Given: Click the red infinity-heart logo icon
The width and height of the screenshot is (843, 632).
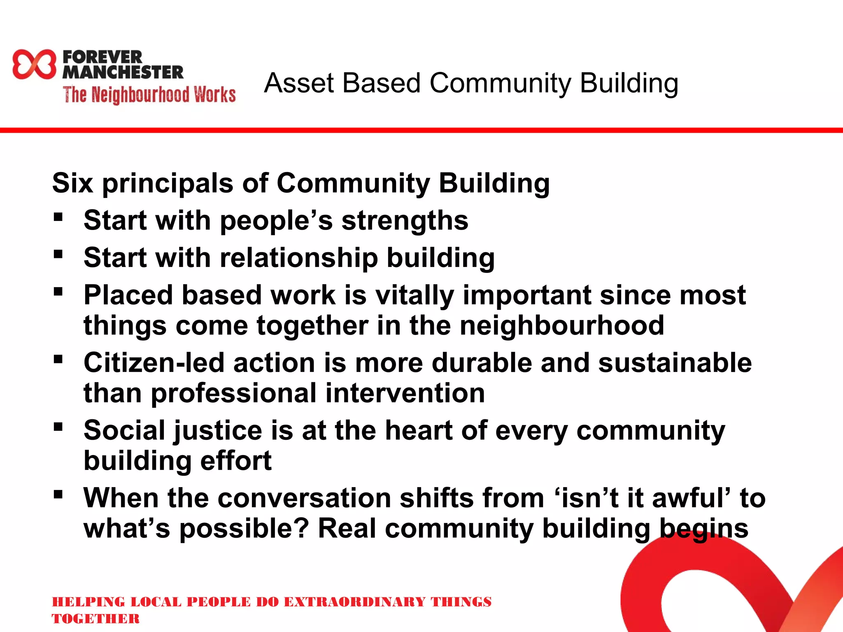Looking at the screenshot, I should [x=34, y=64].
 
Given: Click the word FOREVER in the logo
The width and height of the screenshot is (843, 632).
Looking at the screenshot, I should [x=102, y=57].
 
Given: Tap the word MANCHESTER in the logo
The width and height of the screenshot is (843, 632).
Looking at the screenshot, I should [x=123, y=72].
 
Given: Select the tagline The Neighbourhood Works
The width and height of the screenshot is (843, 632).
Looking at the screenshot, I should [x=149, y=95].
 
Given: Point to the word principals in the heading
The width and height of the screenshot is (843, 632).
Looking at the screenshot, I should [x=168, y=184].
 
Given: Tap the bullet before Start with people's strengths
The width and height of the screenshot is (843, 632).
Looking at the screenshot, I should [x=58, y=217].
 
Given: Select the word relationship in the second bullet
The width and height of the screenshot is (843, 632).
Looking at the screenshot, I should [x=299, y=258].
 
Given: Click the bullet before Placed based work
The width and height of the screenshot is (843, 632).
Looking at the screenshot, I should [x=58, y=292].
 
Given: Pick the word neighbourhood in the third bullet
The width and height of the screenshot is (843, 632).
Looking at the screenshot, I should [x=561, y=326].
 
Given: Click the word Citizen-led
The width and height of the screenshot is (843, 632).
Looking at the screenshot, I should [x=154, y=363].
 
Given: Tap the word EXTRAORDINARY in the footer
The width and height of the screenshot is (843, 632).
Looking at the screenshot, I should [x=354, y=602].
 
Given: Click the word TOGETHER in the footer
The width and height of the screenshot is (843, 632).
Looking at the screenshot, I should [x=95, y=619].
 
